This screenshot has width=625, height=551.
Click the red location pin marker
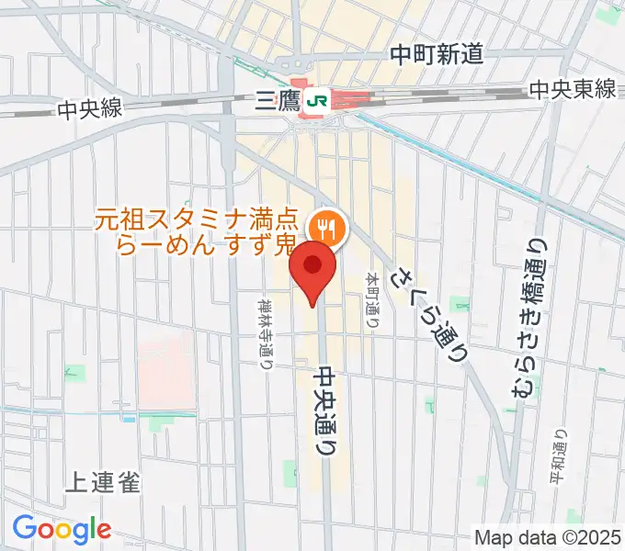312,269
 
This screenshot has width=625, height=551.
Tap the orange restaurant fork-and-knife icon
325,226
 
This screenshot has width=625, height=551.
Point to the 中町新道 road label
437,55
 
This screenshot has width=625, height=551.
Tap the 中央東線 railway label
572,89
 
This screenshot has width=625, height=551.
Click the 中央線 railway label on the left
89,108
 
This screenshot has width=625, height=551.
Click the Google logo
62,529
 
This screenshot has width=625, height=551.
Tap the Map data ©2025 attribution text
547,537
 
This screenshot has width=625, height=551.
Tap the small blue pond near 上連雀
130,419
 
